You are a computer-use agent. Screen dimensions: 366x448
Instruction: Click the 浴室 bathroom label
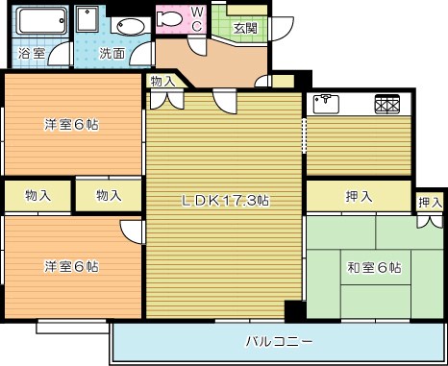tap(31, 54)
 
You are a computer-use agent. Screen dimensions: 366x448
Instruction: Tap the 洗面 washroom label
tap(112, 54)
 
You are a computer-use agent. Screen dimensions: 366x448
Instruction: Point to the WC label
tap(196, 19)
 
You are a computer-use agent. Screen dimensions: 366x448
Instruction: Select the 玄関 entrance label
tap(245, 28)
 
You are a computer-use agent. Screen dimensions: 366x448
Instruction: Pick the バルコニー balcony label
tap(278, 341)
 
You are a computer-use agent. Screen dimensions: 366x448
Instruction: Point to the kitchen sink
tap(327, 102)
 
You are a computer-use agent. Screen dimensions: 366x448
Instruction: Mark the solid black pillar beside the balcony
tap(294, 310)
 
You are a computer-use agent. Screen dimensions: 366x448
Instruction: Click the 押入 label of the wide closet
tap(359, 197)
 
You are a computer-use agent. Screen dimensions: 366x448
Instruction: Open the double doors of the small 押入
tap(429, 220)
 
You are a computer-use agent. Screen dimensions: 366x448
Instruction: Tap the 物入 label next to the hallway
tap(162, 83)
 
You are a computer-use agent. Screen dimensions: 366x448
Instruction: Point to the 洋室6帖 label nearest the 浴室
tap(72, 125)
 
